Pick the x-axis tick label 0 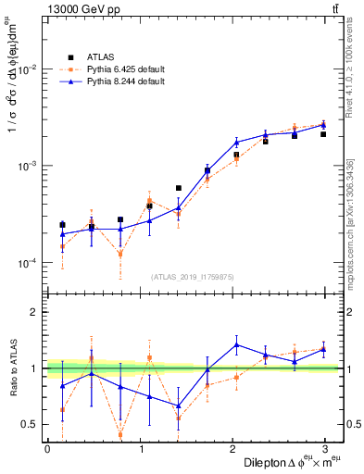pos(48,449)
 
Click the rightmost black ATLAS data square pos(323,134)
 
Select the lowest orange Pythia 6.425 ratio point pos(121,435)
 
